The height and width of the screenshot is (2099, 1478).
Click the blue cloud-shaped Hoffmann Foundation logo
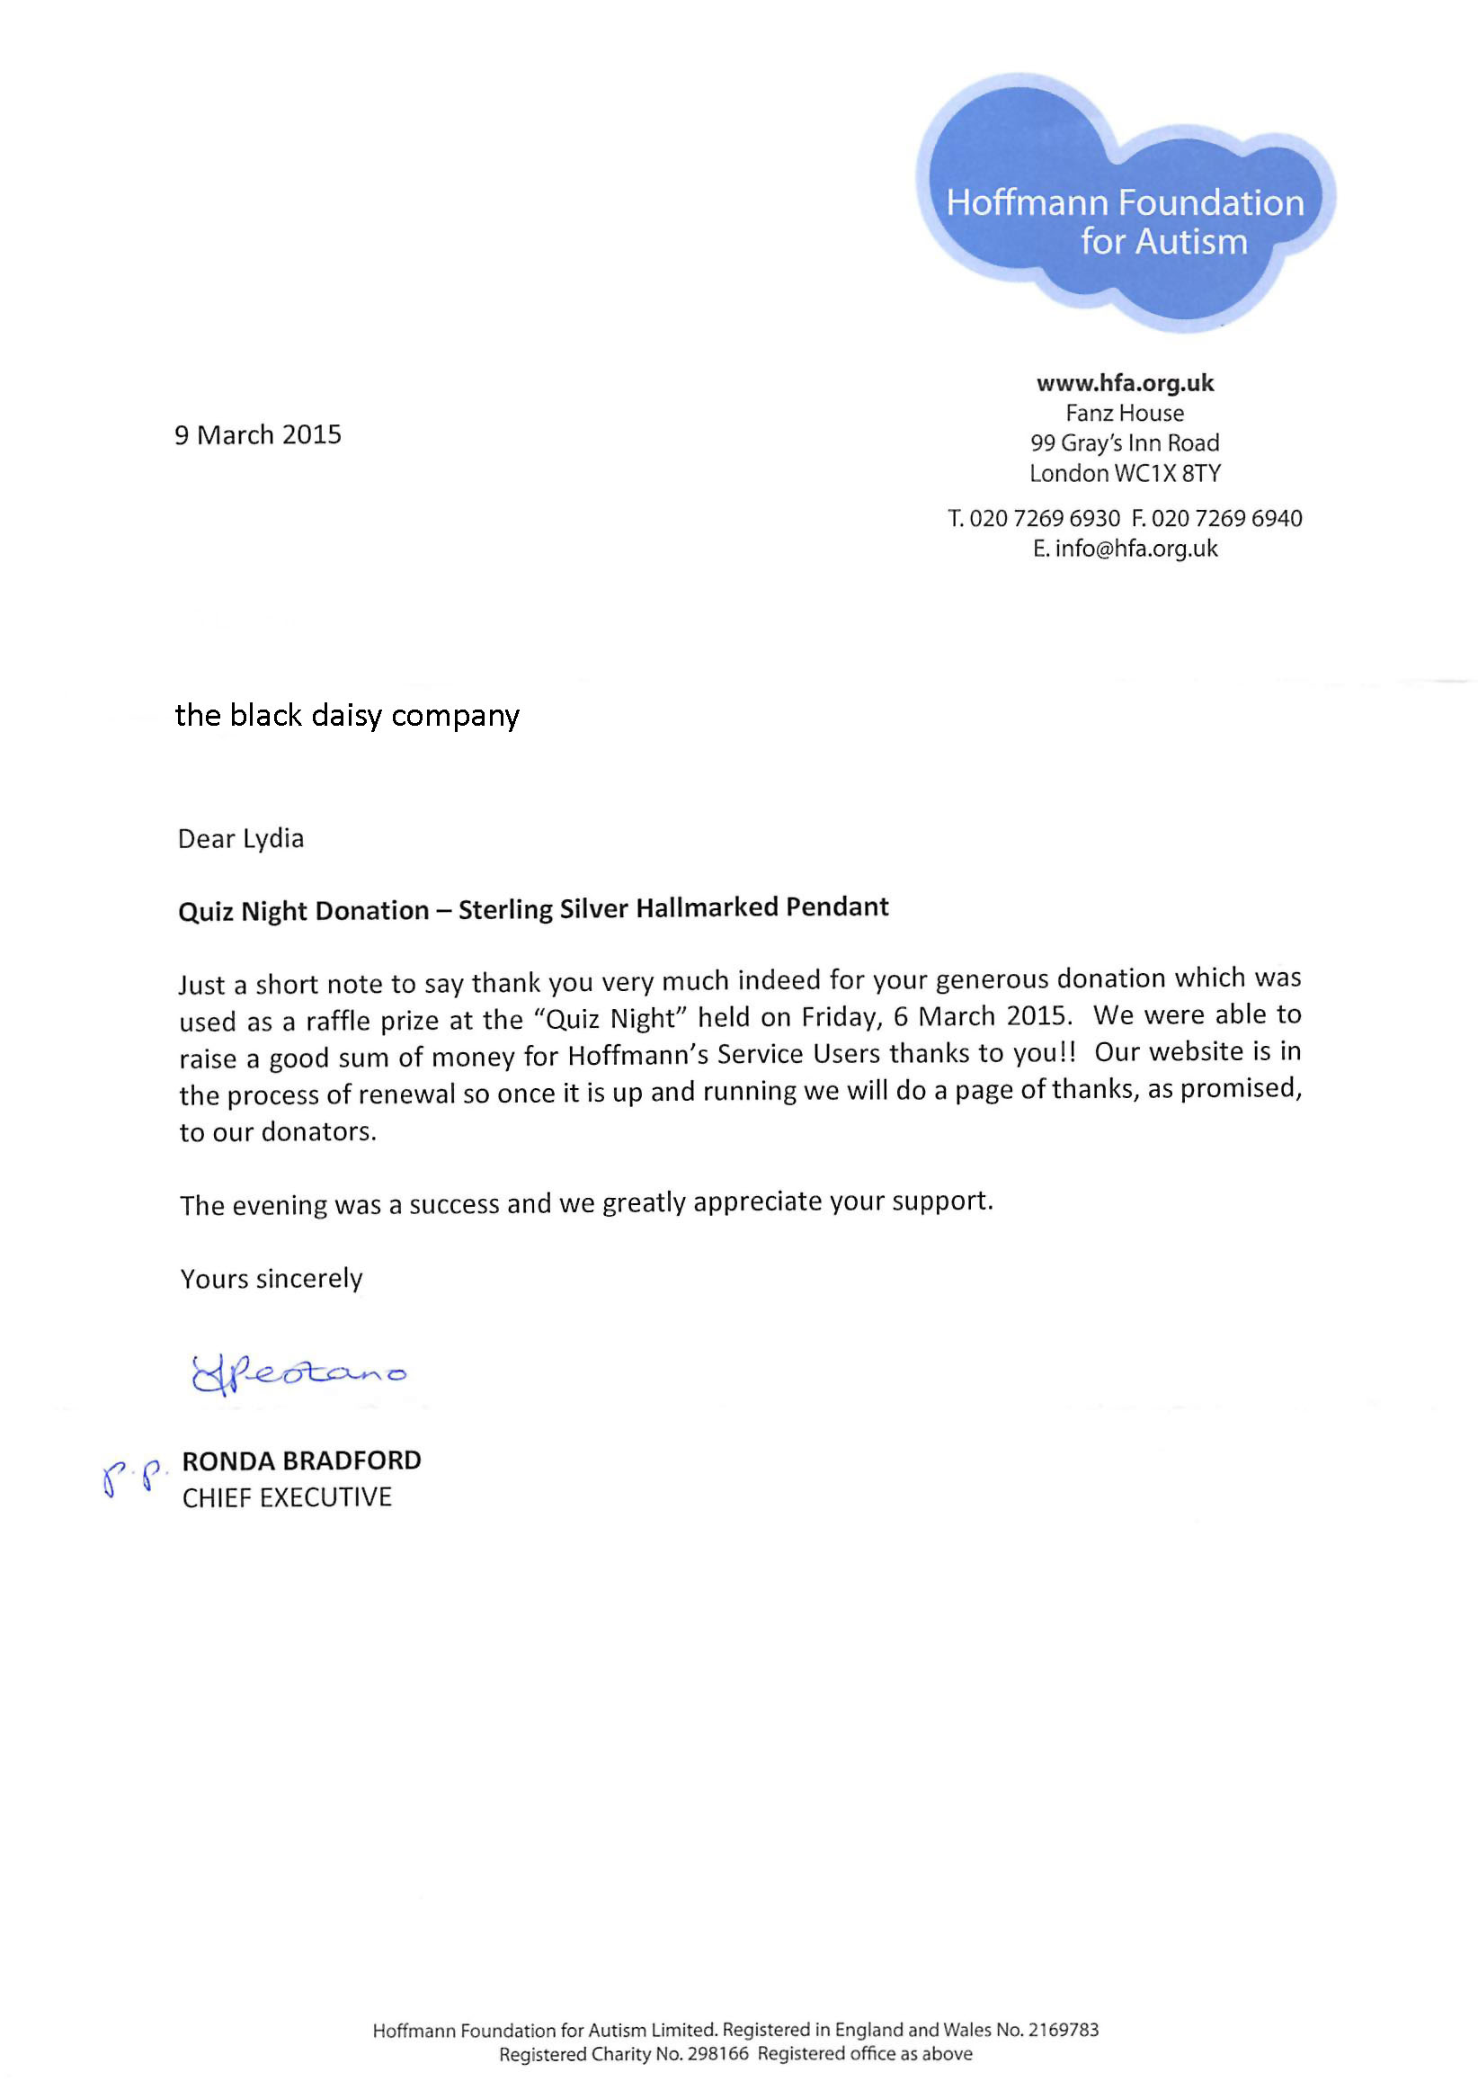[1125, 203]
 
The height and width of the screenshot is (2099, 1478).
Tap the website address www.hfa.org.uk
[1125, 383]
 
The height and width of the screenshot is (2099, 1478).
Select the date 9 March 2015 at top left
[258, 435]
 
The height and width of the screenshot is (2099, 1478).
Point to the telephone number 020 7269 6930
[1044, 518]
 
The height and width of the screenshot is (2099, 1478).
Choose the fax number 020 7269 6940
[1226, 518]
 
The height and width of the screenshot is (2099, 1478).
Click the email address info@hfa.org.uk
[1136, 549]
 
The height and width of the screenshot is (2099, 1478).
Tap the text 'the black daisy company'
[346, 715]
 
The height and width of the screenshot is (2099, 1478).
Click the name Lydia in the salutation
[273, 839]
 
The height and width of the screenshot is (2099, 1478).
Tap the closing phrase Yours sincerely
[272, 1278]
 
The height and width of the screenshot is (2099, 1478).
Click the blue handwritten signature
[297, 1374]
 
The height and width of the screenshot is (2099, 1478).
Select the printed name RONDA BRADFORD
[302, 1460]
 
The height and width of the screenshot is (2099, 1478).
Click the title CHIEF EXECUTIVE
[287, 1497]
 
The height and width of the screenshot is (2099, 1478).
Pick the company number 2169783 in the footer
[1063, 2030]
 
